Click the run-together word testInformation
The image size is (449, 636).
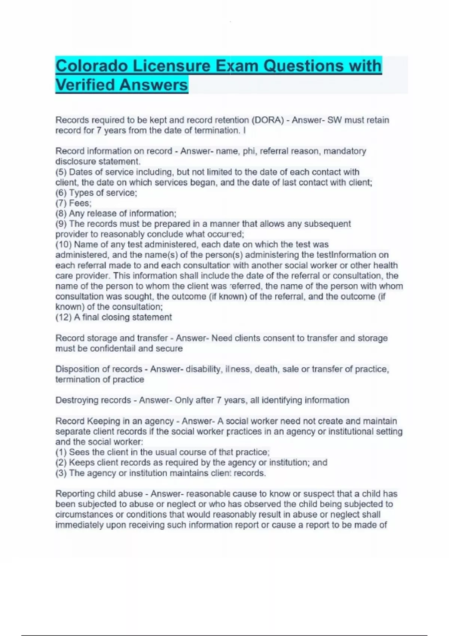click(x=348, y=255)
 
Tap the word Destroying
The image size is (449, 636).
click(x=77, y=400)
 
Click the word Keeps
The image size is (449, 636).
click(x=80, y=462)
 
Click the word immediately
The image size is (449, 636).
click(x=79, y=525)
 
